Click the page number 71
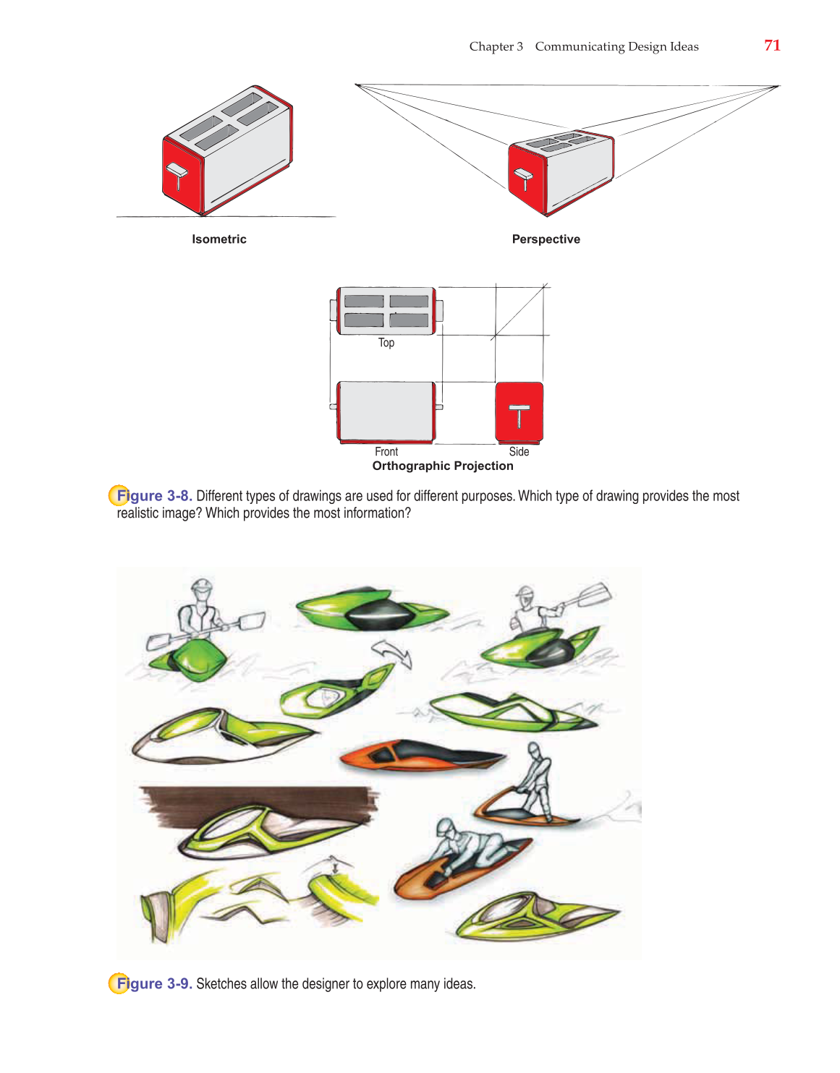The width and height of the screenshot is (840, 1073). pyautogui.click(x=772, y=46)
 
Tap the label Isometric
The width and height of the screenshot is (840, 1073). pyautogui.click(x=219, y=239)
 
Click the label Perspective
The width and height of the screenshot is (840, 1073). pyautogui.click(x=546, y=239)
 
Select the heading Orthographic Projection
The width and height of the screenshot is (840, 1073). pyautogui.click(x=443, y=466)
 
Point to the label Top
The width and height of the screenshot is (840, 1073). pyautogui.click(x=386, y=343)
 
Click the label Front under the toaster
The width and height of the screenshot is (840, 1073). pyautogui.click(x=386, y=451)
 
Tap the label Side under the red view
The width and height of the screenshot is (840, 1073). pyautogui.click(x=519, y=451)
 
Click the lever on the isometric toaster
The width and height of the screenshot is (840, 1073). pyautogui.click(x=177, y=176)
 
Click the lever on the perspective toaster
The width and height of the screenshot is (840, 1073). pyautogui.click(x=523, y=179)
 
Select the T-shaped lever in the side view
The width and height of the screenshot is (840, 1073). pyautogui.click(x=519, y=416)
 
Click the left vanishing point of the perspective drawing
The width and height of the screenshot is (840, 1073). pyautogui.click(x=356, y=85)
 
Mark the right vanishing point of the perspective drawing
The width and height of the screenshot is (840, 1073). pyautogui.click(x=779, y=87)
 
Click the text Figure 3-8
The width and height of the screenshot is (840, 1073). pyautogui.click(x=155, y=496)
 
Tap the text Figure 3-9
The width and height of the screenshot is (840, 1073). pyautogui.click(x=155, y=983)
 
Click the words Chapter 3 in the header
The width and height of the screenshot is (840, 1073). pyautogui.click(x=496, y=46)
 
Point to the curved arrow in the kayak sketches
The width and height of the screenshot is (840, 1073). pyautogui.click(x=393, y=654)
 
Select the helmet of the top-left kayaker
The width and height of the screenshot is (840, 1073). pyautogui.click(x=202, y=587)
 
